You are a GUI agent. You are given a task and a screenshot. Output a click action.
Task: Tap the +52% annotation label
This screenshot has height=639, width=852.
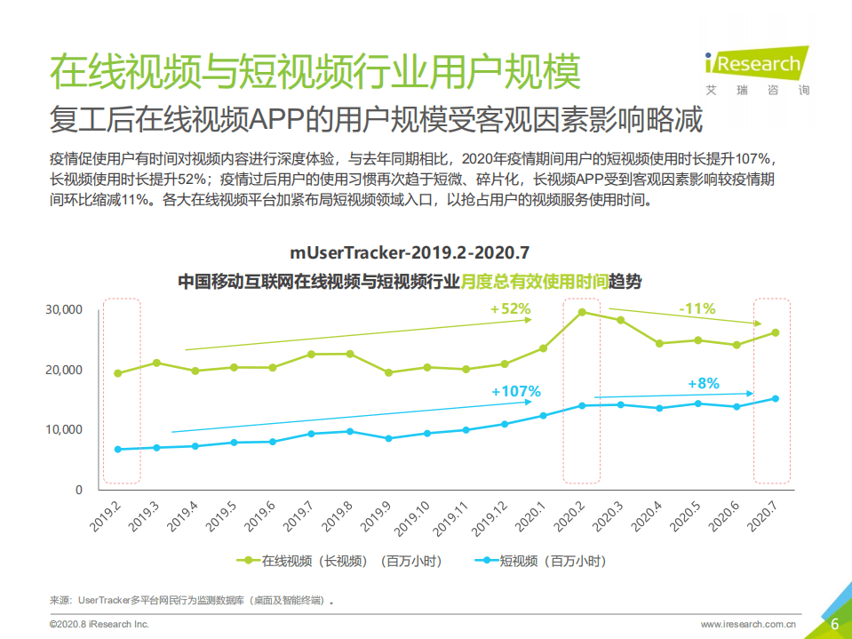510,308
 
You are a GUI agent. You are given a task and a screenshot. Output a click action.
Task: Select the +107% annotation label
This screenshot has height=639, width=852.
515,390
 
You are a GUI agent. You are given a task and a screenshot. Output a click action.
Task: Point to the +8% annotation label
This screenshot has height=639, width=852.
703,383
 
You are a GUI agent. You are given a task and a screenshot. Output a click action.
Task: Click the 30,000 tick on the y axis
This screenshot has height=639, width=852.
64,309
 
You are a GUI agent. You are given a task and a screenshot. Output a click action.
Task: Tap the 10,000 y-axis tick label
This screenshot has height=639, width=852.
64,429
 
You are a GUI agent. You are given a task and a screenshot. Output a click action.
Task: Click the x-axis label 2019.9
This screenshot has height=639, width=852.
376,518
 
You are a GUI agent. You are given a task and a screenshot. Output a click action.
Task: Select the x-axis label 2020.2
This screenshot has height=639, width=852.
569,518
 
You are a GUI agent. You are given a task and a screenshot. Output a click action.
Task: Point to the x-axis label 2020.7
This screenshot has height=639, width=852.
763,518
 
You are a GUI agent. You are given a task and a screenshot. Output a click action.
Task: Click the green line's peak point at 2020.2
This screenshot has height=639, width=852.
582,312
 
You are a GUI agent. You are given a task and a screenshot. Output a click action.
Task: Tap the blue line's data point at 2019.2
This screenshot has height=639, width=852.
118,449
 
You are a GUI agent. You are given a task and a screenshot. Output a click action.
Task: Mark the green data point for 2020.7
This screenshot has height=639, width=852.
776,332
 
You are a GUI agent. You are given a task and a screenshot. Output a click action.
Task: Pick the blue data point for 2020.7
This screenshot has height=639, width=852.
776,398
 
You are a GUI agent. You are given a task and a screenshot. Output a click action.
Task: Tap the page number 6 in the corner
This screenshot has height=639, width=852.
834,624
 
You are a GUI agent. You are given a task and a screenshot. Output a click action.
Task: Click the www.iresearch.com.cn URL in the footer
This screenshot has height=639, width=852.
748,625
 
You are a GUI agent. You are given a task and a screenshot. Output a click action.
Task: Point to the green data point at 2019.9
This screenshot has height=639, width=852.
389,372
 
